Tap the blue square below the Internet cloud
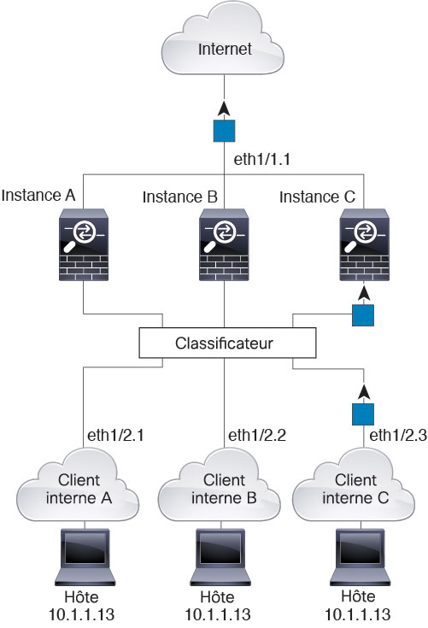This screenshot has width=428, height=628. click(x=224, y=131)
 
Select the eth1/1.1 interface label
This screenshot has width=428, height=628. click(x=261, y=160)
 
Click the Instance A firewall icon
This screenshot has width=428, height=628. click(x=84, y=244)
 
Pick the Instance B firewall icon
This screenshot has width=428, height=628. click(x=224, y=244)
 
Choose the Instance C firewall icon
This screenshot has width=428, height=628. click(x=364, y=244)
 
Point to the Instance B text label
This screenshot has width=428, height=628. click(x=179, y=197)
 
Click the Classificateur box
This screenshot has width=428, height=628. click(x=227, y=343)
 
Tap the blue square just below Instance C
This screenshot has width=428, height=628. click(x=363, y=315)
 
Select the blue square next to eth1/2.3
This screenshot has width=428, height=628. click(x=363, y=414)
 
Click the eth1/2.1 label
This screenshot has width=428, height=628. click(x=115, y=435)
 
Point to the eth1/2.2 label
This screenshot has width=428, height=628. click(x=257, y=435)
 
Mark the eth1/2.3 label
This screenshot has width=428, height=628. click(x=398, y=435)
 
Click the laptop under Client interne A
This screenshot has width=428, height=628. click(x=85, y=557)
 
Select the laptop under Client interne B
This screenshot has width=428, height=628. click(x=220, y=557)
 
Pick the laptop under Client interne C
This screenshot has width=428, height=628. click(x=360, y=557)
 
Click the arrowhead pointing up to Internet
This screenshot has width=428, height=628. click(x=224, y=109)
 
